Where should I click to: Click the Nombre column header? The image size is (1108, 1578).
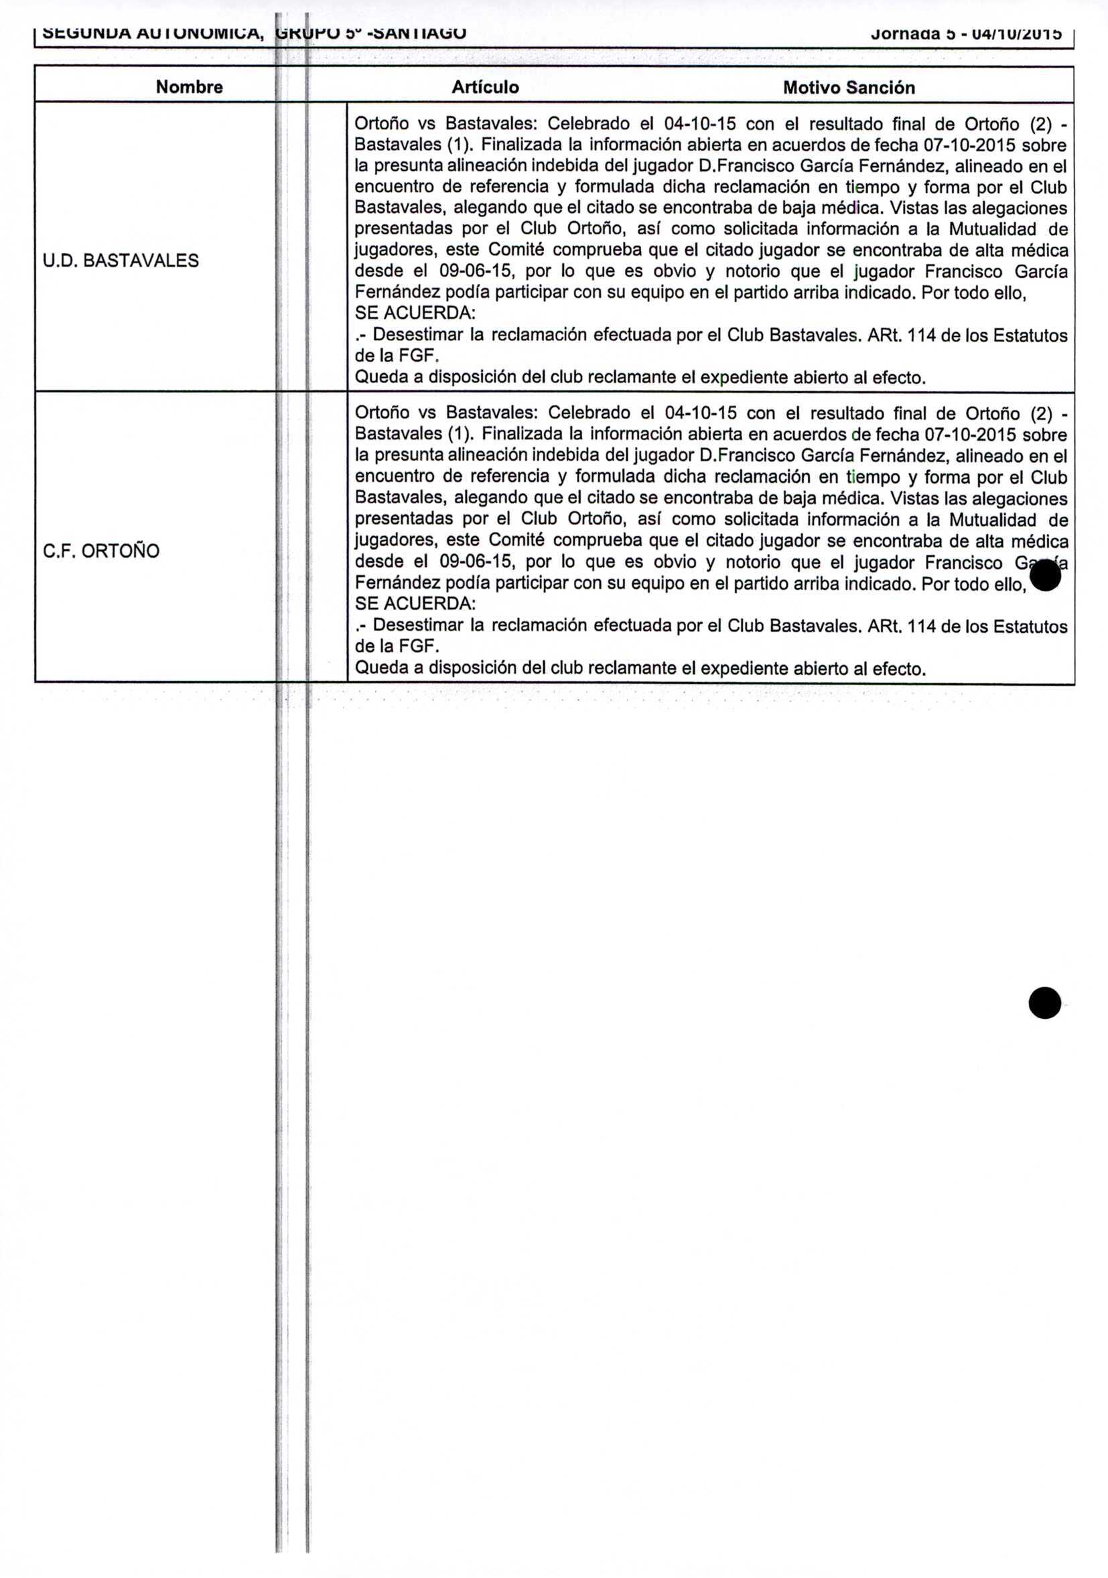point(189,87)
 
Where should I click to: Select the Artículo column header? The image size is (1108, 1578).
point(484,87)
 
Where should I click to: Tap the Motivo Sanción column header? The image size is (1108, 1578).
point(848,88)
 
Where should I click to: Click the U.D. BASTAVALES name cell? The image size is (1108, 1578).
point(121,261)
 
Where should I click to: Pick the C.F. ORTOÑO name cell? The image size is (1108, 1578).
point(101,551)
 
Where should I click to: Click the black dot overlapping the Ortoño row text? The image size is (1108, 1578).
point(1045,575)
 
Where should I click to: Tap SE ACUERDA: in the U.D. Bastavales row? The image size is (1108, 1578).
point(415,313)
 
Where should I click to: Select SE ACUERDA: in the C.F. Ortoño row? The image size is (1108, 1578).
point(415,604)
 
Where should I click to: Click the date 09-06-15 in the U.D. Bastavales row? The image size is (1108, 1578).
point(476,271)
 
